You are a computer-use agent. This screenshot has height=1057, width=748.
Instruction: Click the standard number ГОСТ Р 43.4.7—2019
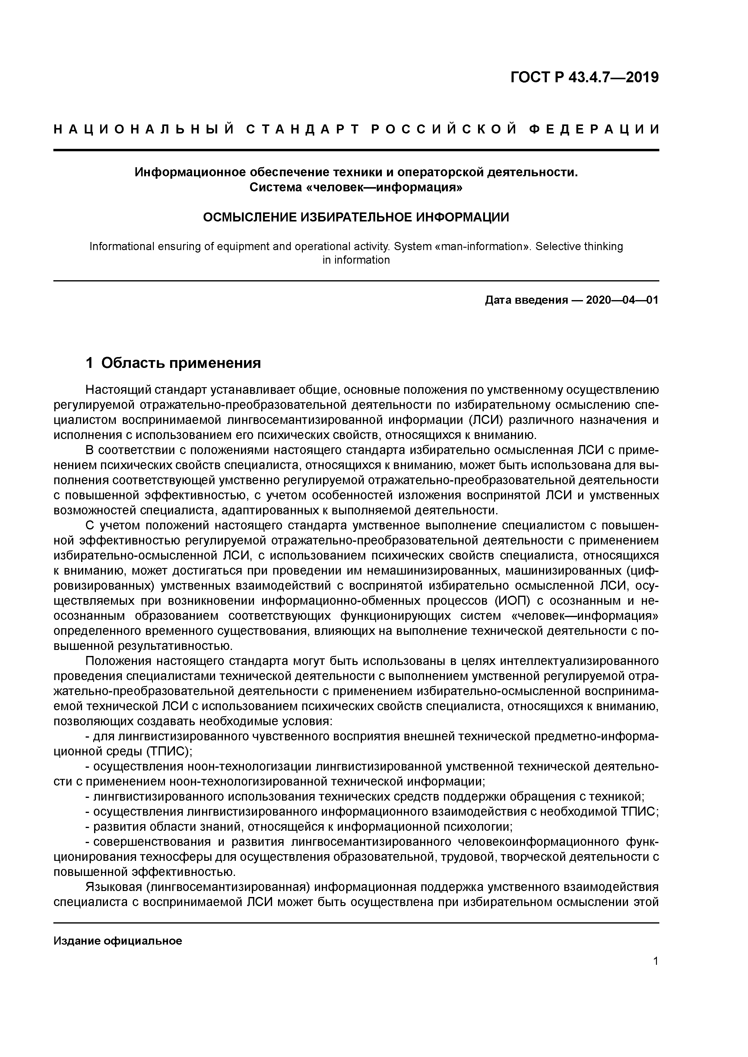coord(585,77)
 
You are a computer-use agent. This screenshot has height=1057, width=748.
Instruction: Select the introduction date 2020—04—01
coord(622,301)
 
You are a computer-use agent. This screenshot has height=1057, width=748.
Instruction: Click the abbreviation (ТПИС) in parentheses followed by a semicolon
coord(169,751)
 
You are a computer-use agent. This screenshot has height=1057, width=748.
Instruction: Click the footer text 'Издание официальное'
coord(118,941)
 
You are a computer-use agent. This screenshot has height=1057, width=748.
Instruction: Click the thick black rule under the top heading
coord(356,150)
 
